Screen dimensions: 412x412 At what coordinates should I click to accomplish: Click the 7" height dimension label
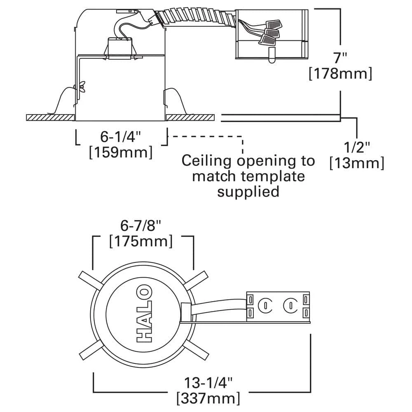point(341,58)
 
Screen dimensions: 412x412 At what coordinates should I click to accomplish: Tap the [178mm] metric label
point(341,74)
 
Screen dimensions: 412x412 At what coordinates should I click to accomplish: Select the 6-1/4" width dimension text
point(121,137)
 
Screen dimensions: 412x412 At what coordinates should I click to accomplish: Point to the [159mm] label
point(121,152)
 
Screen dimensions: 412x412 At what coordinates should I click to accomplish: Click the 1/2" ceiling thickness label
point(357,147)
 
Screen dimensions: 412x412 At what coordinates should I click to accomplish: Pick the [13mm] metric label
point(357,163)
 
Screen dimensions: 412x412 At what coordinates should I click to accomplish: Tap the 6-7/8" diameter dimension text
point(140,225)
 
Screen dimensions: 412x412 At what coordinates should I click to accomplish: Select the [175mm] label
point(141,241)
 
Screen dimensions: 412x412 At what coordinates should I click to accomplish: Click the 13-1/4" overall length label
point(208,383)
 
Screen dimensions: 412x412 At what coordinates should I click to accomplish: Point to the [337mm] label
point(208,398)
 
